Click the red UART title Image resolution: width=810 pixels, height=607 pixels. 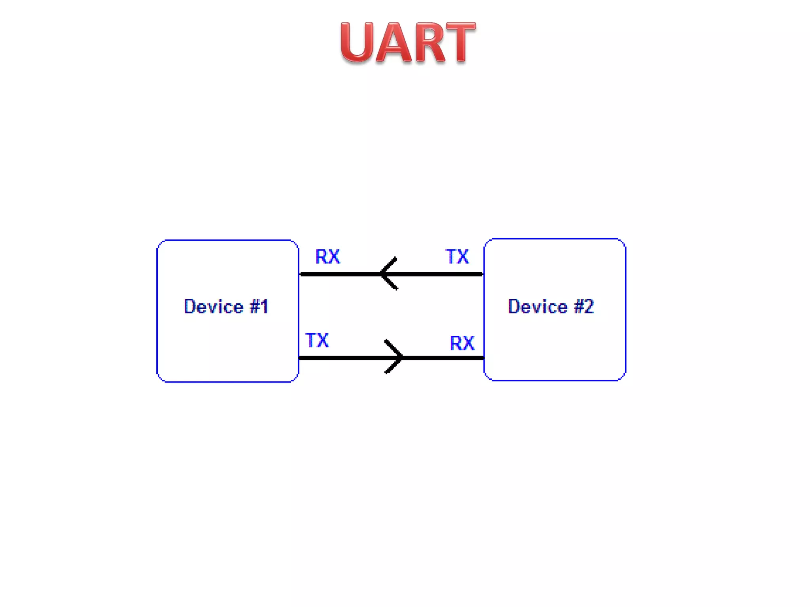tap(408, 43)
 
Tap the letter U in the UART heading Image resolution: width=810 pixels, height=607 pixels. tap(357, 43)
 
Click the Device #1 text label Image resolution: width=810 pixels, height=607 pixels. tap(226, 307)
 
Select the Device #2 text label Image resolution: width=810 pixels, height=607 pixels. tap(551, 307)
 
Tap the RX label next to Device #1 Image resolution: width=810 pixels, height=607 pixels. tap(327, 257)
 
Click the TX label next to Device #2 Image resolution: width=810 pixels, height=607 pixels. tap(457, 257)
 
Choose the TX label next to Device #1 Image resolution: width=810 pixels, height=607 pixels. tap(317, 340)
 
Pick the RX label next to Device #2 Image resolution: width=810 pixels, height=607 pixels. tap(462, 343)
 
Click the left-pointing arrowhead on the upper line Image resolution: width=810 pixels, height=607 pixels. tap(388, 273)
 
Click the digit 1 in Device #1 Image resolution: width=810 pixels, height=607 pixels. tap(264, 307)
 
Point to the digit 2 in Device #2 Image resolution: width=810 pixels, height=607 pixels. tap(589, 307)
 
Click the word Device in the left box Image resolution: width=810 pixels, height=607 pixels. tap(214, 307)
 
